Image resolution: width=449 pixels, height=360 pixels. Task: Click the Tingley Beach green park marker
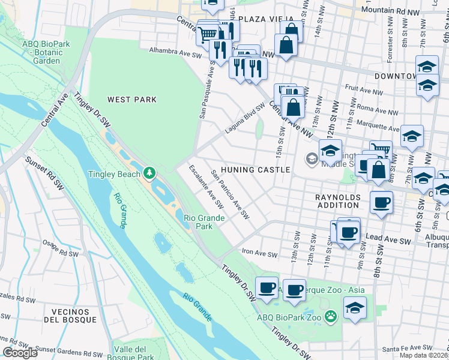tap(149, 174)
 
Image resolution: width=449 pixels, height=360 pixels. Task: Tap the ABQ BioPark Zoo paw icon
tap(330, 316)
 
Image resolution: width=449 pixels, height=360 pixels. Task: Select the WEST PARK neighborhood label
tap(131, 100)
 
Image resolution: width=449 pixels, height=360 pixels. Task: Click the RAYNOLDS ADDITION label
tap(338, 202)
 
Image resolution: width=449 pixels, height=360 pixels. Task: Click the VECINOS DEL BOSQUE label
tap(74, 316)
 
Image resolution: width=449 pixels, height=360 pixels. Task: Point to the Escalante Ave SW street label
tap(206, 187)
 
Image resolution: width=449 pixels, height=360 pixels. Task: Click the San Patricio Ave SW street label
tap(230, 195)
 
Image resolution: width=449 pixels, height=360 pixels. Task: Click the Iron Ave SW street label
tap(259, 254)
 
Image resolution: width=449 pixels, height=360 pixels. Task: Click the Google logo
tap(20, 353)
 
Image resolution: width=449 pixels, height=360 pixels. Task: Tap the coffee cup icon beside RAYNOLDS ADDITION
tap(381, 203)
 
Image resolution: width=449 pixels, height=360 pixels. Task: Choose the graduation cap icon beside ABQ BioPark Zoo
tap(355, 308)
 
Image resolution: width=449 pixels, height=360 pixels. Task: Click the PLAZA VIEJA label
tap(266, 19)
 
